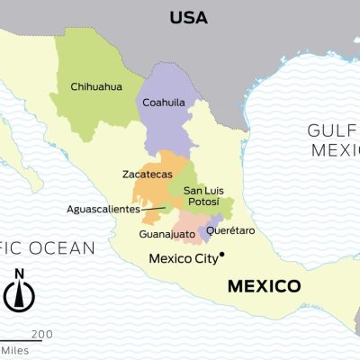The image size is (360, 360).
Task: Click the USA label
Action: point(188,17)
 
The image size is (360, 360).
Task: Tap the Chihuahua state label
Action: point(97,87)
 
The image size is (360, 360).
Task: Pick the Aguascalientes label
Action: point(103,209)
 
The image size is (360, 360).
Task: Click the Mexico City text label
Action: point(183,258)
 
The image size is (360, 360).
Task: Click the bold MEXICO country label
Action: point(263,287)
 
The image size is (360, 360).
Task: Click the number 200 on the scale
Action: point(42,334)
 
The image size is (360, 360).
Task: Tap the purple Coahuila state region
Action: point(171,126)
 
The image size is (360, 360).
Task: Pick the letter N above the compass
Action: point(20,274)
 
